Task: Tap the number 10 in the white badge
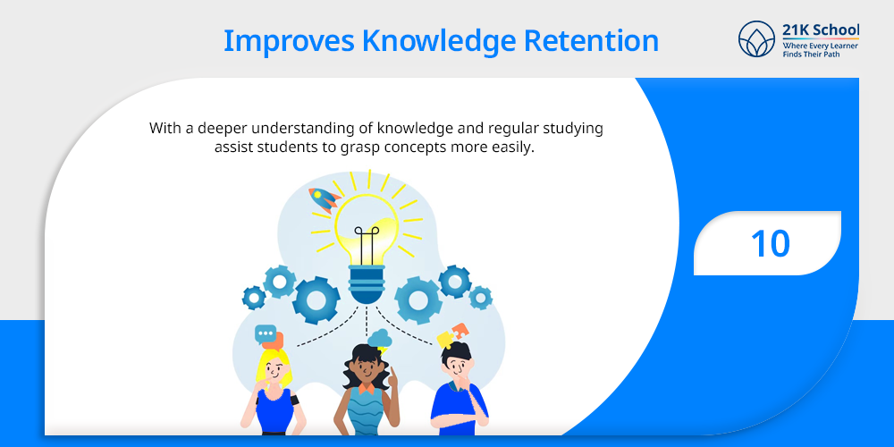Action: click(x=771, y=243)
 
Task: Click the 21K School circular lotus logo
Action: click(x=756, y=38)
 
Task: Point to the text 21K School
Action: click(x=821, y=30)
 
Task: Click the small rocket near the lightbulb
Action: click(x=324, y=199)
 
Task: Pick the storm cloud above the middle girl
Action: click(x=379, y=339)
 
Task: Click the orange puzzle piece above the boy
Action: click(x=460, y=332)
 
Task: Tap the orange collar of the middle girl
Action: click(x=366, y=388)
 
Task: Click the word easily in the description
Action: click(x=516, y=148)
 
